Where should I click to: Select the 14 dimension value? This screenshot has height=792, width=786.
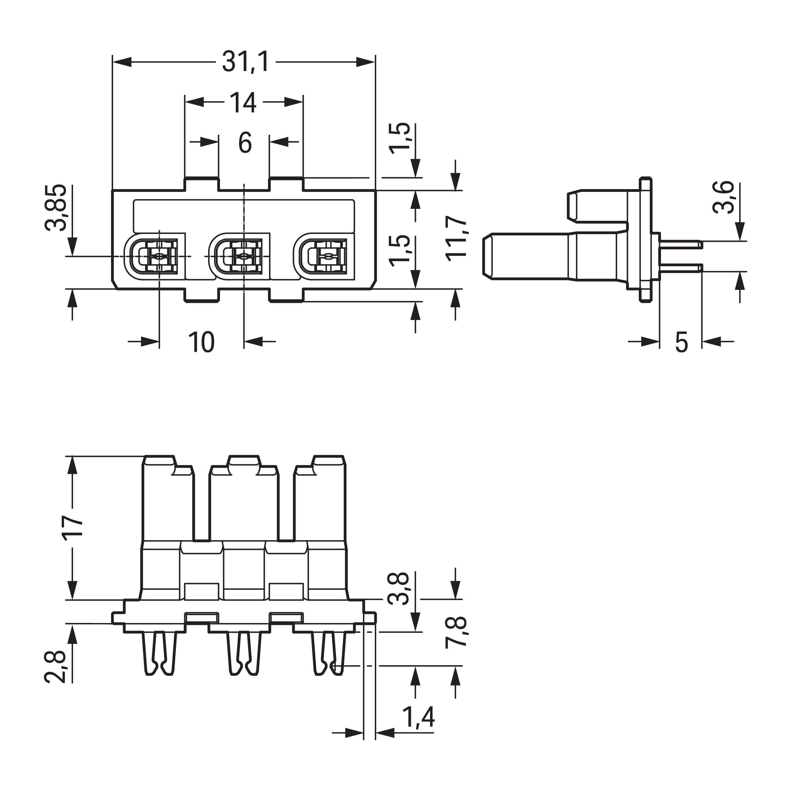(x=243, y=103)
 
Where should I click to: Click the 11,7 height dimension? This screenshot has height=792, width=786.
(x=456, y=239)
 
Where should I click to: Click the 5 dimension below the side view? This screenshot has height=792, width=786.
(x=681, y=342)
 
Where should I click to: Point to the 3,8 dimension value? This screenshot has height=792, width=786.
(x=398, y=588)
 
